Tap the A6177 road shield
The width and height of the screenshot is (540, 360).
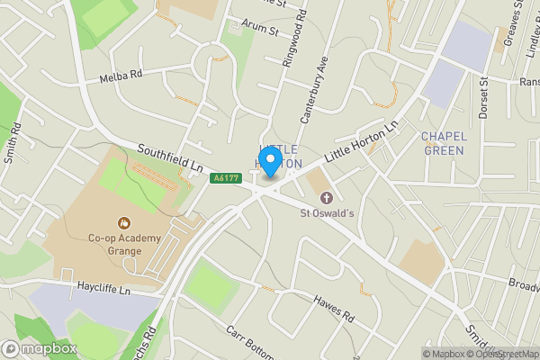(226, 178)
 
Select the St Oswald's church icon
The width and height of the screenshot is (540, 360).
(326, 197)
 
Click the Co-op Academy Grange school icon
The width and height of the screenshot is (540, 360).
(121, 222)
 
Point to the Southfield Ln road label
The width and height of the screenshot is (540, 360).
(170, 157)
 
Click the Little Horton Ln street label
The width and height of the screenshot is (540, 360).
(360, 141)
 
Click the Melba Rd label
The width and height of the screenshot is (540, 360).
(122, 76)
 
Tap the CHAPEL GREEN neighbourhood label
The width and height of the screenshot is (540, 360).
(443, 143)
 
